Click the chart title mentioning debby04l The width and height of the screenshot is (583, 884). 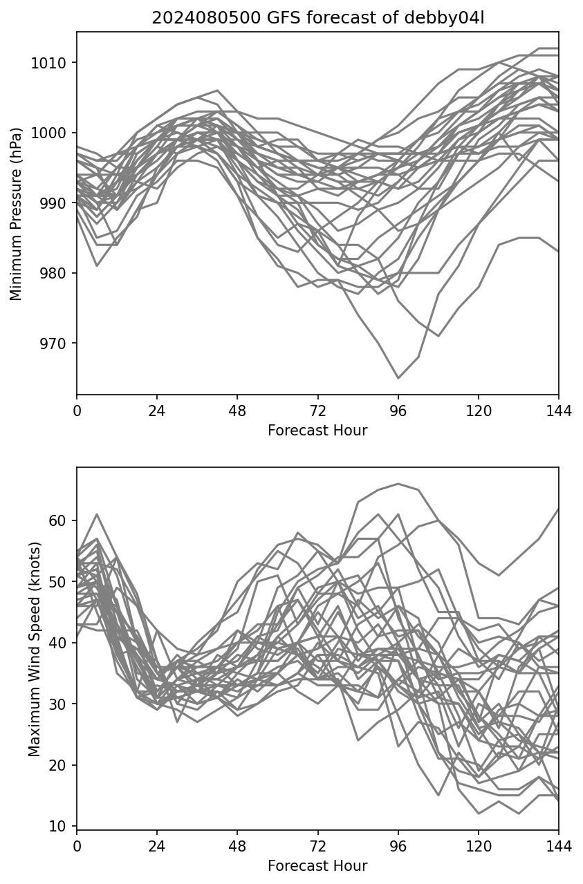317,18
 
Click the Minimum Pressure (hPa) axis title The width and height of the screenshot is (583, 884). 16,214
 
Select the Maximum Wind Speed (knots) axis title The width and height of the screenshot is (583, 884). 35,648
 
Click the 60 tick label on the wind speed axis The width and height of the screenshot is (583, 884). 60,520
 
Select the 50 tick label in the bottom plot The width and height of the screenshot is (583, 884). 60,581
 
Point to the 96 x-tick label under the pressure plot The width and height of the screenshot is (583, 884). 398,411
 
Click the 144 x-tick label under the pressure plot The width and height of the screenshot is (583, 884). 559,411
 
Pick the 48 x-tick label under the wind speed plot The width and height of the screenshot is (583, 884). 237,847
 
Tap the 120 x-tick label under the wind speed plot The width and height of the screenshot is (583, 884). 478,847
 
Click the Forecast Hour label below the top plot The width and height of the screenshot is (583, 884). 317,431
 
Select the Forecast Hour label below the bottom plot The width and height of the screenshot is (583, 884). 317,866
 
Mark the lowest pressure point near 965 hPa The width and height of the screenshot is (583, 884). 398,378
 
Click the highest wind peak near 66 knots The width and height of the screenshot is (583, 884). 398,484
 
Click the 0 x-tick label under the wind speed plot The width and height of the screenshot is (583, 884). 77,847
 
